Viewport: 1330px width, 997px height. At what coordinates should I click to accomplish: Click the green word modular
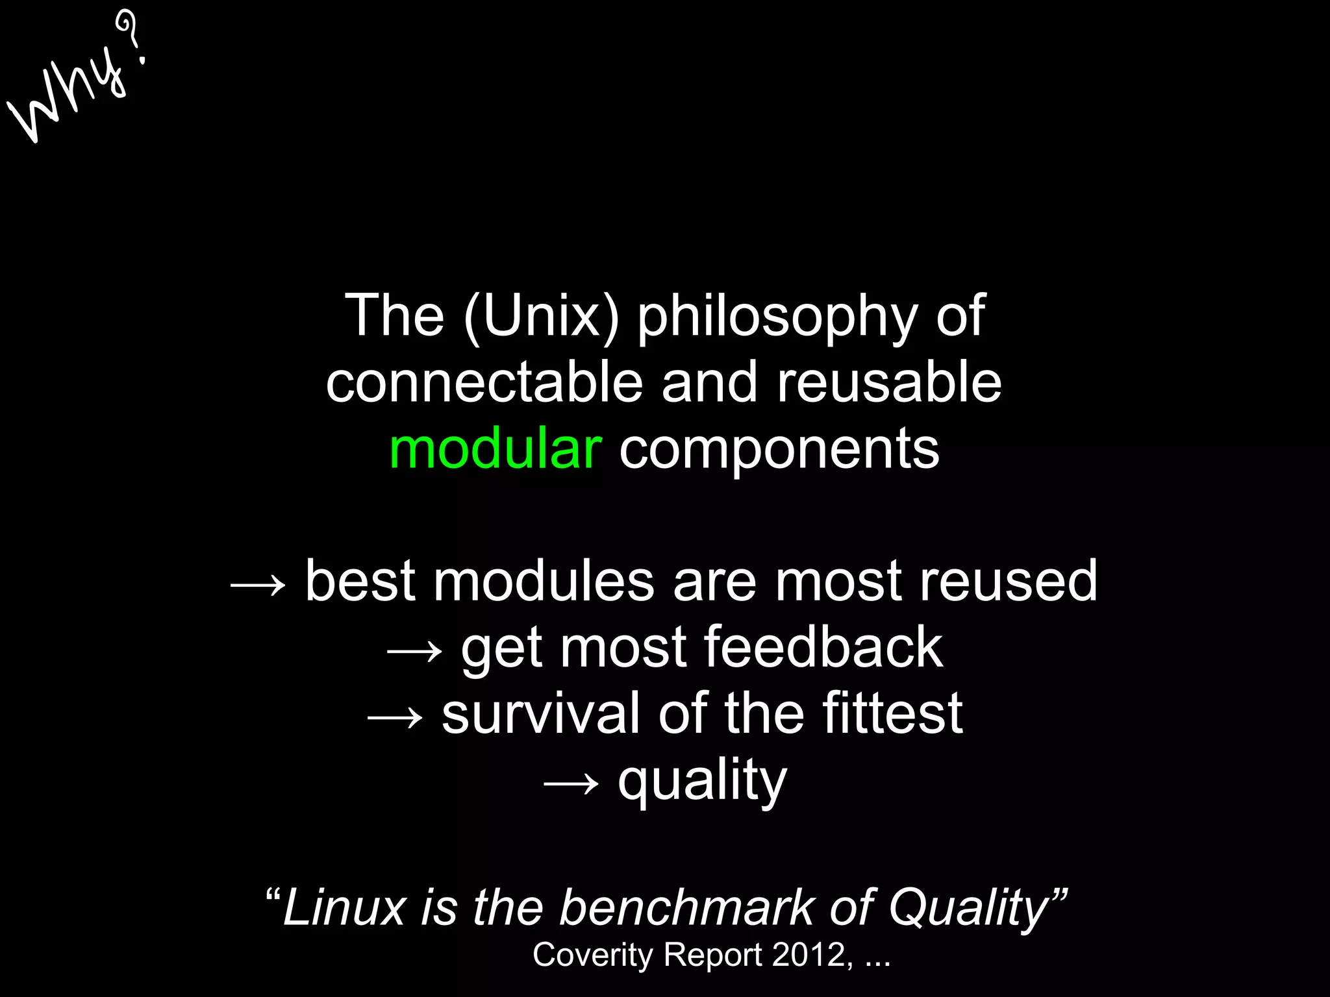[x=496, y=449]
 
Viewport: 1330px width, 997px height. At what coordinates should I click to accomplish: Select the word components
[x=779, y=450]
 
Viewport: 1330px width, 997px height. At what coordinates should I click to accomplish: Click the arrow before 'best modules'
[x=258, y=585]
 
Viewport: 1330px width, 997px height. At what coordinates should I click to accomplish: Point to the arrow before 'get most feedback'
[x=414, y=651]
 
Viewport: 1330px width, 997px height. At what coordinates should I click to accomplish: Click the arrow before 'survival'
[x=395, y=717]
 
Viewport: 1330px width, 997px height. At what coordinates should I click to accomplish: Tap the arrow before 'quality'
[x=570, y=783]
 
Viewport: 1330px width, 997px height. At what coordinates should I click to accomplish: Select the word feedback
[x=823, y=647]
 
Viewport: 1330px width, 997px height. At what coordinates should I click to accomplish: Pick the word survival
[x=541, y=713]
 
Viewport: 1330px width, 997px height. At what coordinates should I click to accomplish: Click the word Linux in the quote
[x=344, y=907]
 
